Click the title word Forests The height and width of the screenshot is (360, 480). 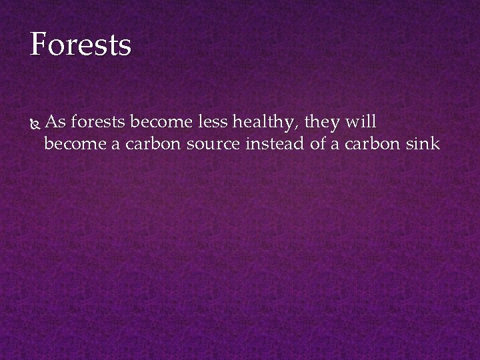point(81,45)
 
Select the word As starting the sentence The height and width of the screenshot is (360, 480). point(57,122)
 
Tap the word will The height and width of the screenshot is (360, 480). point(361,122)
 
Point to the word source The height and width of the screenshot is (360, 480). point(211,143)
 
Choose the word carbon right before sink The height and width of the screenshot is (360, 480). point(375,143)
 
